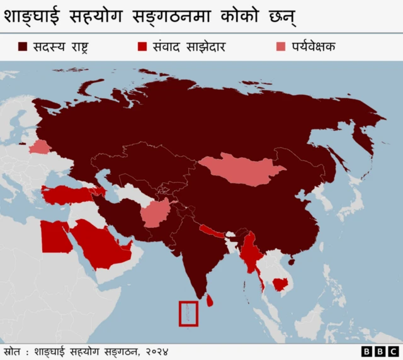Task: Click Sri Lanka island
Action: point(210,303)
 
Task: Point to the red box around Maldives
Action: point(188,313)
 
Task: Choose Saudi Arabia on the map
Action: point(101,245)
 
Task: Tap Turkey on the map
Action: point(66,194)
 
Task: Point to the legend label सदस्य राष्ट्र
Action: point(62,47)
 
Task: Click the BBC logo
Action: point(380,351)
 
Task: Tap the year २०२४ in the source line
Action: point(156,351)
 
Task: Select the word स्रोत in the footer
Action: point(13,351)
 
